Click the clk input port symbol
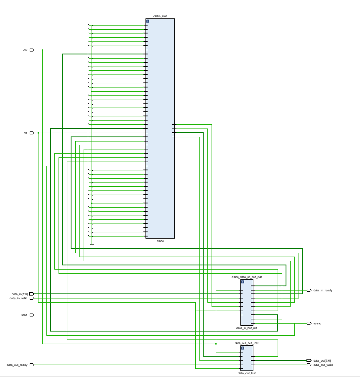(32, 50)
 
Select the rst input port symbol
(32, 133)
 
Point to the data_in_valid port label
(18, 298)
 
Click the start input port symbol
(32, 315)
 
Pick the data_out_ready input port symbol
(32, 365)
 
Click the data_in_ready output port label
(323, 290)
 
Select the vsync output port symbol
(309, 323)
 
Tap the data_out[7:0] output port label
(322, 360)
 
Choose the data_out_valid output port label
(323, 365)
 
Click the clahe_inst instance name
(160, 16)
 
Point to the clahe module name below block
(160, 241)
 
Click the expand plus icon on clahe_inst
(148, 21)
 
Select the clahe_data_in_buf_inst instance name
(247, 277)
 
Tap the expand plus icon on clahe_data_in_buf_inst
(243, 282)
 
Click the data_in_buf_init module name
(247, 328)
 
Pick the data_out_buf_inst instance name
(247, 343)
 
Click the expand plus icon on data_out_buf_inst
(243, 348)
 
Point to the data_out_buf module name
(247, 373)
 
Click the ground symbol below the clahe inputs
(92, 245)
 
